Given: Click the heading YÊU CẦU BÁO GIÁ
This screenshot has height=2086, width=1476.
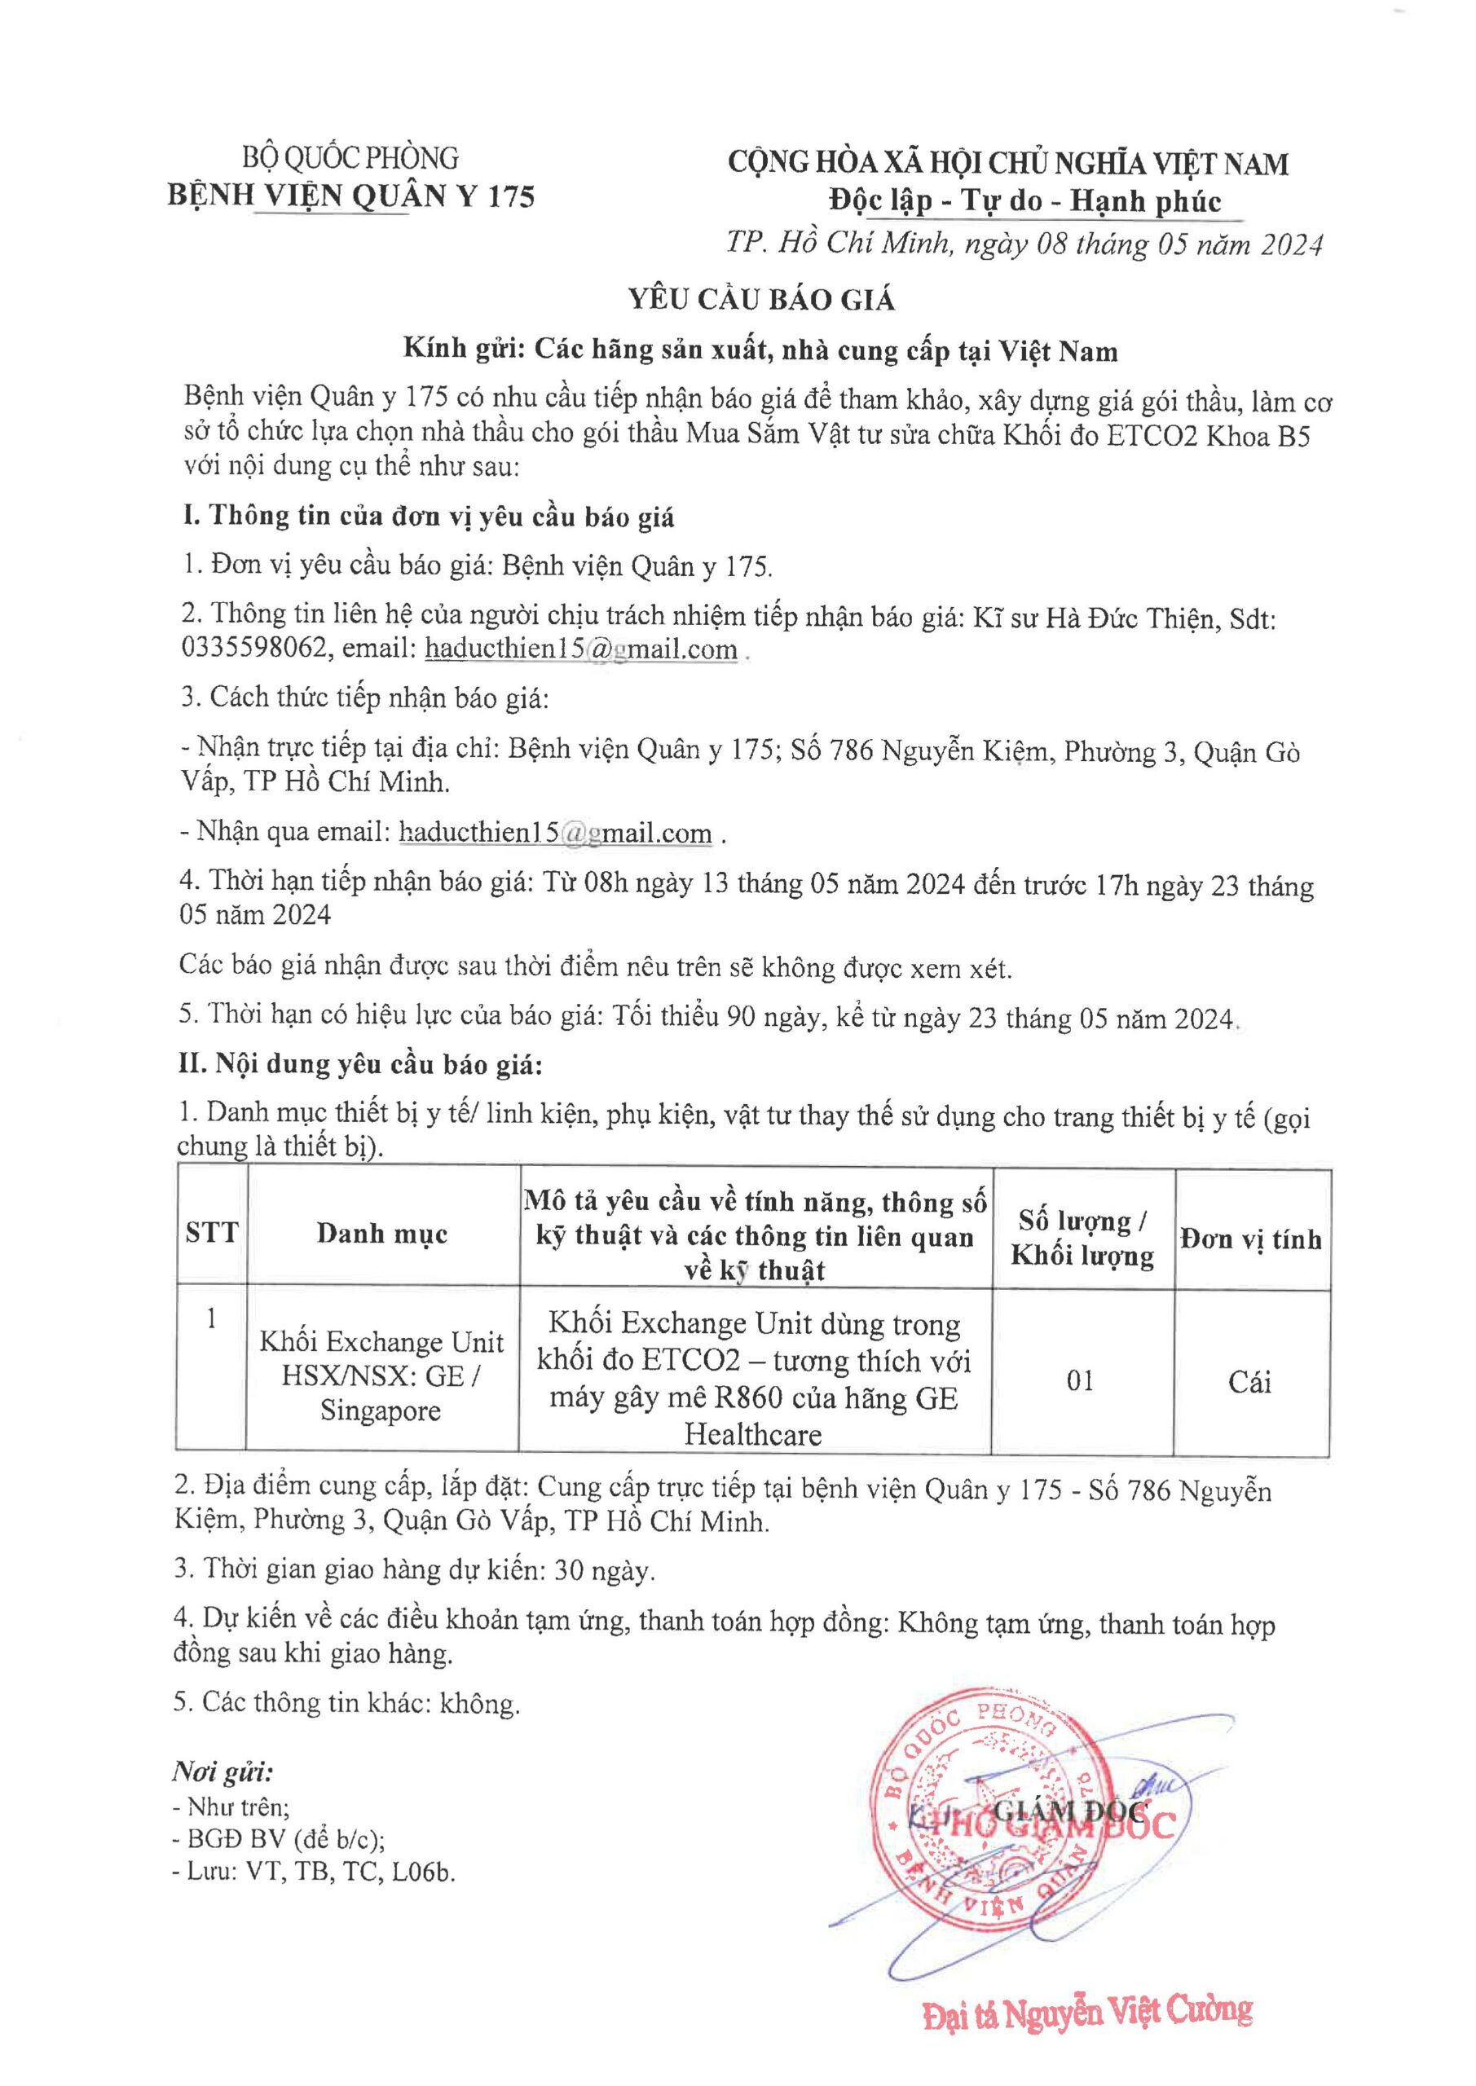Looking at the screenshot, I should point(761,299).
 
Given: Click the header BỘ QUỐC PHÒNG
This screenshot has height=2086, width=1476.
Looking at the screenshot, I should point(350,158).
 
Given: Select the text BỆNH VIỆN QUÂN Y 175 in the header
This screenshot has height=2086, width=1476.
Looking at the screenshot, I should point(350,196).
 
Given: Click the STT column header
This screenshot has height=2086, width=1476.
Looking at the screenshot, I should point(211,1233).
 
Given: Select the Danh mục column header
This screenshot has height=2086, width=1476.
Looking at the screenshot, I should point(381,1233).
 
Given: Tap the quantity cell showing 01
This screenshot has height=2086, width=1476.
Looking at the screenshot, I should point(1081,1381).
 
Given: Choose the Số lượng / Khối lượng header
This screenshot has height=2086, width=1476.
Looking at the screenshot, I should point(1082,1239).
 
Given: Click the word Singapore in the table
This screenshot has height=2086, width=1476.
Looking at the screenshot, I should point(380,1411).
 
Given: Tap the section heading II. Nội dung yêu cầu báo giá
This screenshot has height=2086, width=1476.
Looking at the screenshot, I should point(360,1065).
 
